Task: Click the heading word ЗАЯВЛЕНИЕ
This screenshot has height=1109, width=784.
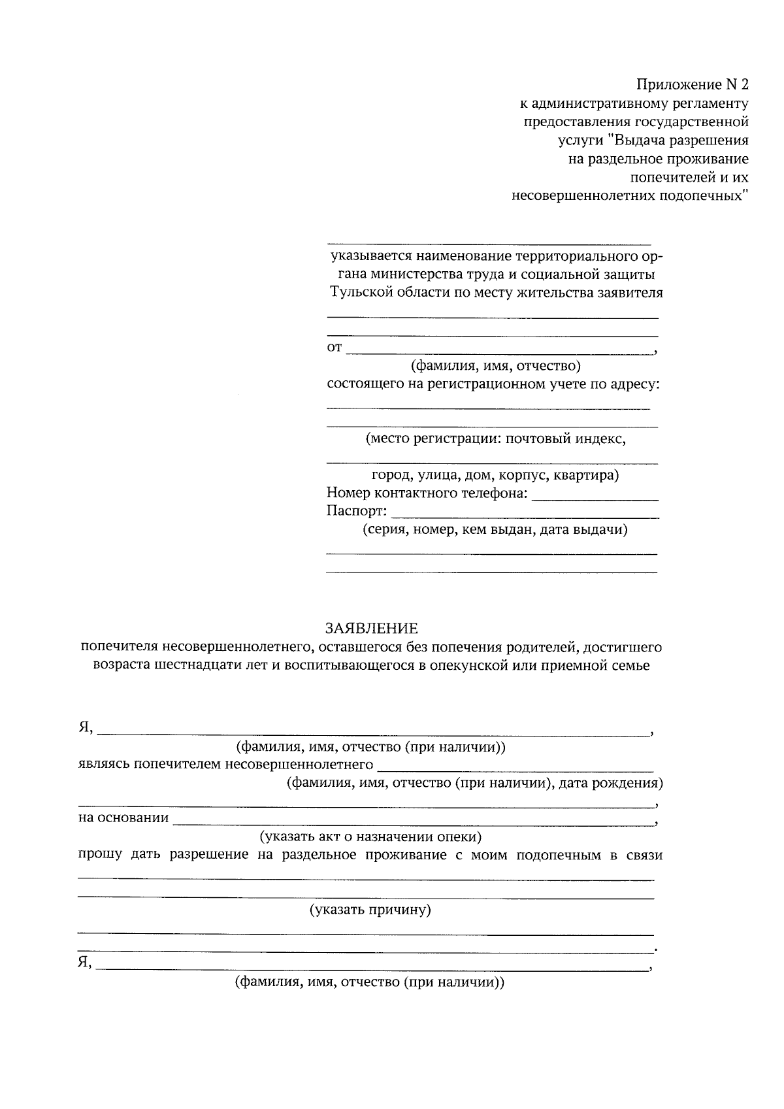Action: [372, 629]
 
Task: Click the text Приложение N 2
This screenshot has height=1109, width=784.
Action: [693, 85]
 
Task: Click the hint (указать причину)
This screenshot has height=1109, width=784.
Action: [370, 910]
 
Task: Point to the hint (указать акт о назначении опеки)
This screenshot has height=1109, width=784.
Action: [370, 836]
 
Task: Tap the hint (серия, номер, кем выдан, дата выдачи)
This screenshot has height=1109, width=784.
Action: [495, 530]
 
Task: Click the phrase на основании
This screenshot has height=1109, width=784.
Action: [123, 818]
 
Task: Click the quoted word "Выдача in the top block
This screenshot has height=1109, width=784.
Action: [634, 141]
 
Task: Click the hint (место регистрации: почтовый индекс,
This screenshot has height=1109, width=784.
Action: [495, 439]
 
